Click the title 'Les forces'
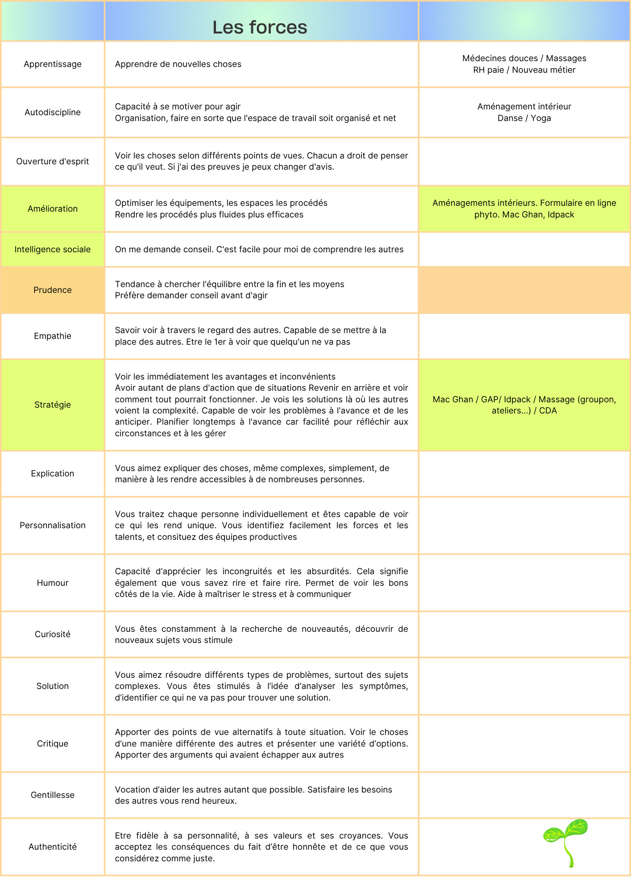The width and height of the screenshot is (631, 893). [260, 27]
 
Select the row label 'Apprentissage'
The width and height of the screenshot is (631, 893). [53, 64]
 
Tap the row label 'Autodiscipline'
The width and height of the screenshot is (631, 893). [53, 113]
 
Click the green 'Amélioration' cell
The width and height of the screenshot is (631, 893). [53, 209]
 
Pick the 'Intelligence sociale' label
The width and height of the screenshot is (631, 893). [53, 250]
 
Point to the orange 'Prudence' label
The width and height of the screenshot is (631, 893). [53, 290]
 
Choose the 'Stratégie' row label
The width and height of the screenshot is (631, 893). [53, 405]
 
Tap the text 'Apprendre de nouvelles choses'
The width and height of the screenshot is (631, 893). [178, 64]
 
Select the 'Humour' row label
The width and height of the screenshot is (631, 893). [53, 583]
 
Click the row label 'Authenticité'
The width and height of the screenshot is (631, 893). [53, 847]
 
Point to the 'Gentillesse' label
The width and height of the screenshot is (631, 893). [53, 795]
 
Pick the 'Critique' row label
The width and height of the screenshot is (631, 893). [53, 744]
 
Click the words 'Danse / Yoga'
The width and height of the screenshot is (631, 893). [524, 118]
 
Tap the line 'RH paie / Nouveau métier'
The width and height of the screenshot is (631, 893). [524, 70]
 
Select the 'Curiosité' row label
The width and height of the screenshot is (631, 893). [53, 634]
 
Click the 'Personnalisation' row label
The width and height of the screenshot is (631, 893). [53, 526]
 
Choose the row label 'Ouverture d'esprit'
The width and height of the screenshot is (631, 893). [53, 162]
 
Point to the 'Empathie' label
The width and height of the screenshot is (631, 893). [53, 336]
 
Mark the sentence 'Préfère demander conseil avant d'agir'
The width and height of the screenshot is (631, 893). [191, 296]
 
